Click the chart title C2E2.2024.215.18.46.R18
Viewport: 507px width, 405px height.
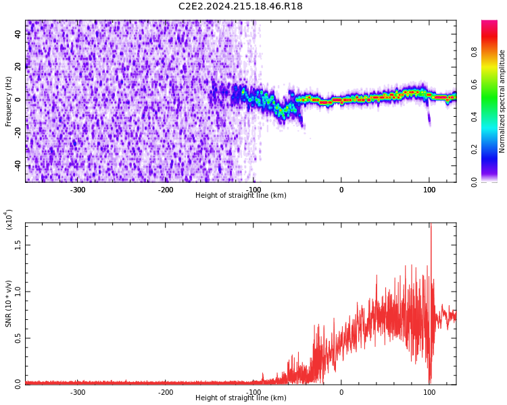coord(240,7)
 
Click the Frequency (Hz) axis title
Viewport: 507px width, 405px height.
coord(9,101)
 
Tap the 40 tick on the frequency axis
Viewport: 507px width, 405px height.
coord(19,34)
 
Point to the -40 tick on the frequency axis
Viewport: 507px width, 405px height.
coord(18,165)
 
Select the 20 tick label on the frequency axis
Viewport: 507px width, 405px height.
coord(19,67)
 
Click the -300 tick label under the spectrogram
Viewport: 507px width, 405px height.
coord(78,190)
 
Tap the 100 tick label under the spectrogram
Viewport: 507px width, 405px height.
coord(429,190)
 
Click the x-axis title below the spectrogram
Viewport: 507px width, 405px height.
coord(241,196)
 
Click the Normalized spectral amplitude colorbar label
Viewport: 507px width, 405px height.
coord(502,101)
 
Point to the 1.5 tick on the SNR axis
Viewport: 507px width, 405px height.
coord(18,246)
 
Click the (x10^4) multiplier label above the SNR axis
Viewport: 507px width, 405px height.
coord(9,219)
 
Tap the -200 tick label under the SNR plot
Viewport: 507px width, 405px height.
coord(166,392)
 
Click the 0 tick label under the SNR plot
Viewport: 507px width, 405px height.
coord(341,392)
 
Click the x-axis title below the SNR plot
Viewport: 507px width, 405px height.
coord(241,398)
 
